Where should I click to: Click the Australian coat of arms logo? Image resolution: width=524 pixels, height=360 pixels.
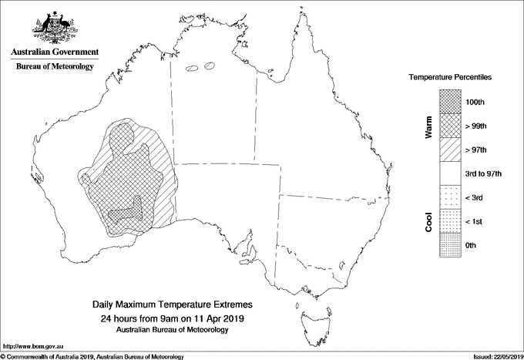pos(53,25)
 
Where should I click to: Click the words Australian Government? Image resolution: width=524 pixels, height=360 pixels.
pos(54,52)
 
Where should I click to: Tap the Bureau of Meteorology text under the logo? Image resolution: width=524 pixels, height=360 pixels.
pos(54,67)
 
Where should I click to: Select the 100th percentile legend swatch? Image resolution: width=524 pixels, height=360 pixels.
pos(449,102)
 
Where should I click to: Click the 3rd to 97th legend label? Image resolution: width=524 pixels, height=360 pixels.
pos(484,173)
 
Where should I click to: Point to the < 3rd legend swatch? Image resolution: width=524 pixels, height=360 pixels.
pos(449,197)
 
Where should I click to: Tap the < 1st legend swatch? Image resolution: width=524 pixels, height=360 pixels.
pos(449,221)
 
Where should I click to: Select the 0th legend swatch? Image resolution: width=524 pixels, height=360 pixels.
pos(449,244)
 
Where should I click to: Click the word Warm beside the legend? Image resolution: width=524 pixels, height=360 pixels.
pos(429,126)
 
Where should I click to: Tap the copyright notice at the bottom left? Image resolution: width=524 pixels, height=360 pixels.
pos(92,356)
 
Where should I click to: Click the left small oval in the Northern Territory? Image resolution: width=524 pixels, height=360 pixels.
pos(193,68)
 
